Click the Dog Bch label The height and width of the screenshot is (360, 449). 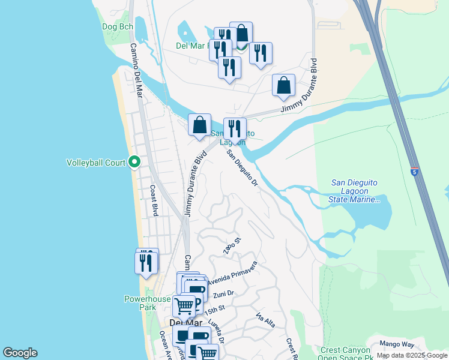tap(117, 27)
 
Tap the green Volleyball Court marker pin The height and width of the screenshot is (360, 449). tap(135, 162)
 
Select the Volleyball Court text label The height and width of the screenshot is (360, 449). tap(96, 163)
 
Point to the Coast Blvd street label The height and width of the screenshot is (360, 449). tap(153, 201)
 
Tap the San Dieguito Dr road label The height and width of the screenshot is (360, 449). tap(243, 167)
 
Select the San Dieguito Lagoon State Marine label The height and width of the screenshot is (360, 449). tap(355, 191)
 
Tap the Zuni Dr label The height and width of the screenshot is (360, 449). tap(223, 295)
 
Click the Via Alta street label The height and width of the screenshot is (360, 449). tap(265, 320)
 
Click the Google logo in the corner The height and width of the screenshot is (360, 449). tap(20, 353)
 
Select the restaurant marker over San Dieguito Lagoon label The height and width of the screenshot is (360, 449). tap(235, 128)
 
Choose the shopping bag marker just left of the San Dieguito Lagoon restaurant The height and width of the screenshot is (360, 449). tap(200, 125)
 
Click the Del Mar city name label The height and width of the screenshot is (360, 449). tap(181, 323)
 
